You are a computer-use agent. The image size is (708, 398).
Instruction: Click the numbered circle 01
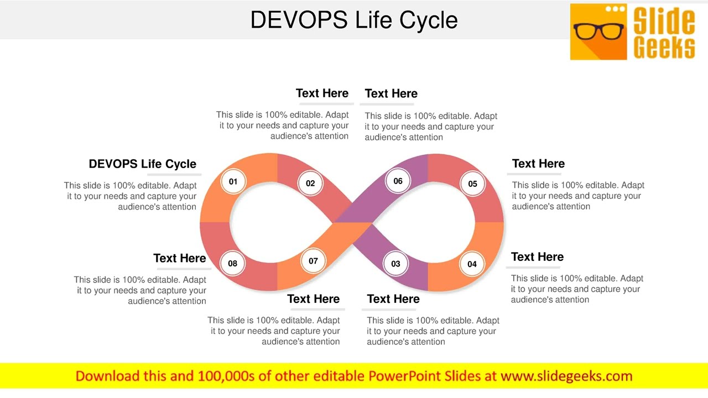(233, 181)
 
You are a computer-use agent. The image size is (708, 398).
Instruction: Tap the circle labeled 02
(310, 183)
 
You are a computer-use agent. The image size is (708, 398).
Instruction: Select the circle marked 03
(395, 264)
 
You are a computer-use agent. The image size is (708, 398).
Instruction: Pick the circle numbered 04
(472, 264)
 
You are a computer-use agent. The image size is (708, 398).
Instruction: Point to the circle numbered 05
(472, 184)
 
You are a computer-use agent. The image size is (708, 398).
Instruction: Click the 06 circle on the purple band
(398, 181)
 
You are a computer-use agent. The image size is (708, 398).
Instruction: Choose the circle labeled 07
(313, 261)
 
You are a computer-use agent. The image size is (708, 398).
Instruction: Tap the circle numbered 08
(232, 263)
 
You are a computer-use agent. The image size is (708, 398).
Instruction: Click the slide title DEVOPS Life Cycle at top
(354, 20)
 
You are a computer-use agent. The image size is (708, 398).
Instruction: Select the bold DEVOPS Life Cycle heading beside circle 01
(142, 164)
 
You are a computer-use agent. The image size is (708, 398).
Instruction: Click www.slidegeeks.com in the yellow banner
(566, 376)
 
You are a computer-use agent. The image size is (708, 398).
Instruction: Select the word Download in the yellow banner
(107, 376)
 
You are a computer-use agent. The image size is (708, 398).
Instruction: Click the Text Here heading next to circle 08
(179, 258)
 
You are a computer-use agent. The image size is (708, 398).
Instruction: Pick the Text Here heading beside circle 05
(538, 164)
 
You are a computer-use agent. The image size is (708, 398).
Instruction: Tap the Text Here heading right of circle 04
(537, 256)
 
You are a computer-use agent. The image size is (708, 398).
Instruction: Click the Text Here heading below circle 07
(313, 298)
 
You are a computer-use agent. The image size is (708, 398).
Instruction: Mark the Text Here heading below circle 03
(393, 298)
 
